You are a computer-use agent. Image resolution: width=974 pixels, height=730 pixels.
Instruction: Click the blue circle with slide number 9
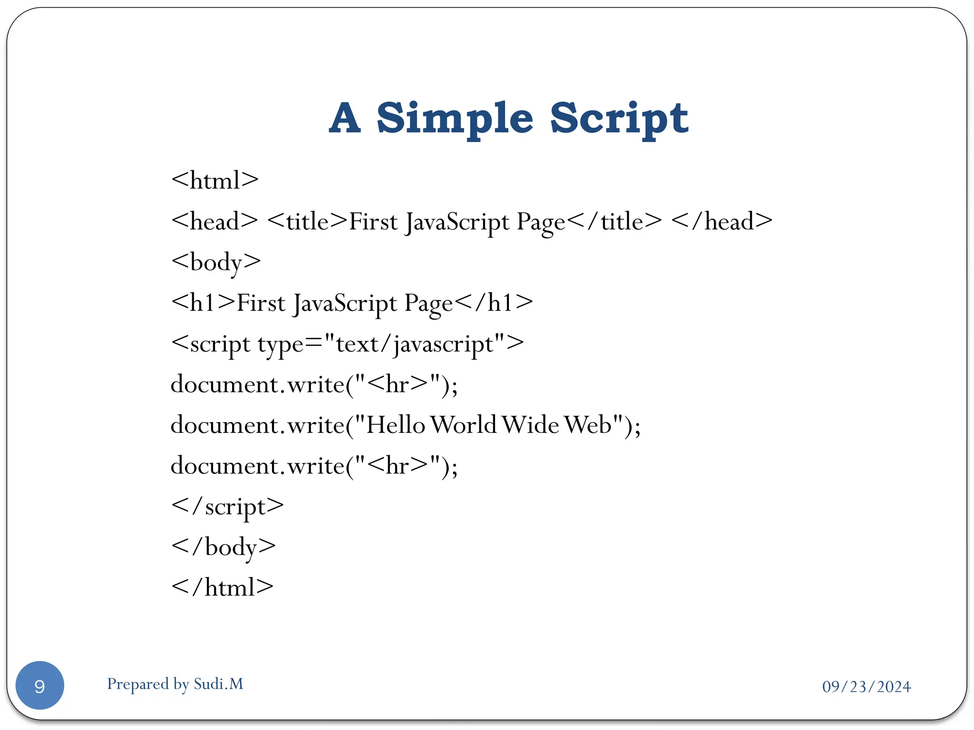pyautogui.click(x=40, y=685)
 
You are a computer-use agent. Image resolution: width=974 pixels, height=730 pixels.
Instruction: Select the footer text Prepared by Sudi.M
pyautogui.click(x=175, y=684)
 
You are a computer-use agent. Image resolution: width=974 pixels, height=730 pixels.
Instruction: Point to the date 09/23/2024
pyautogui.click(x=867, y=687)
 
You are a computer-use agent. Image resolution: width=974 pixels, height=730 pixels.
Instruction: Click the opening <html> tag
pyautogui.click(x=215, y=181)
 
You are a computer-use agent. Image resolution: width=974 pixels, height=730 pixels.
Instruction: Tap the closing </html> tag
pyautogui.click(x=223, y=587)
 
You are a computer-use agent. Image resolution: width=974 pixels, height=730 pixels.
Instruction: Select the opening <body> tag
pyautogui.click(x=216, y=262)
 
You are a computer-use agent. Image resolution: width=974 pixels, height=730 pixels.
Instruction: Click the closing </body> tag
pyautogui.click(x=224, y=547)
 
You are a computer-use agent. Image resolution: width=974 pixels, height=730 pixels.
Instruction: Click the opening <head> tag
pyautogui.click(x=214, y=221)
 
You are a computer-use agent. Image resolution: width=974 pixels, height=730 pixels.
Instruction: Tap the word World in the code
pyautogui.click(x=464, y=425)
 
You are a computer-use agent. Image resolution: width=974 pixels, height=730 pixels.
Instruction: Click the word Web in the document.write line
pyautogui.click(x=588, y=425)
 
